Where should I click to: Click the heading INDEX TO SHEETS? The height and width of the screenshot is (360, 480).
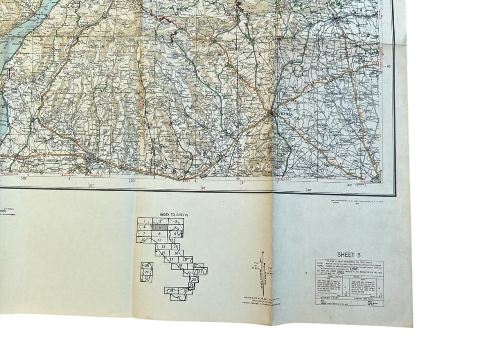point(161,215)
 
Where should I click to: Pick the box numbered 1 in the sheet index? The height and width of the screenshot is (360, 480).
point(145,221)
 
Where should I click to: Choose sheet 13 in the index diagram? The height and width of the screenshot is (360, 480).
point(163,246)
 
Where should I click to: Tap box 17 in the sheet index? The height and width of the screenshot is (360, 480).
point(172,259)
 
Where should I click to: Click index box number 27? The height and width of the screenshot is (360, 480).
point(178,297)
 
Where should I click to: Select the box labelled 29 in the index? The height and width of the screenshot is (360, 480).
point(146,272)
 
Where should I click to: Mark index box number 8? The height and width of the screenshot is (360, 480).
point(160,233)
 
